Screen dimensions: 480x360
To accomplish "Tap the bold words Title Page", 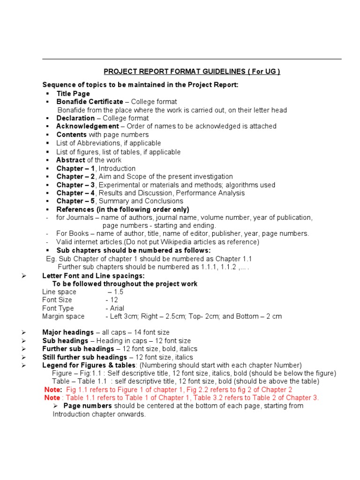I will tap(73, 93).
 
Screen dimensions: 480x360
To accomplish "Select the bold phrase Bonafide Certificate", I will tap(90, 101).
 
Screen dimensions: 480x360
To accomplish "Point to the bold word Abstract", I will tap(70, 160).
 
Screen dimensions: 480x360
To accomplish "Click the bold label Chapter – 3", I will tap(75, 185).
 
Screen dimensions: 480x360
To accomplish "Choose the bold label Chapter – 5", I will tap(75, 201).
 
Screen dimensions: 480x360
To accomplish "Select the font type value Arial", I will tap(116, 308).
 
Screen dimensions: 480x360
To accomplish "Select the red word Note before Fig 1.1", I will tap(52, 390).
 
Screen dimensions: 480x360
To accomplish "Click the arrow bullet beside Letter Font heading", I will tap(23, 276).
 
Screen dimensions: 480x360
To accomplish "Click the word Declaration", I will tap(75, 118).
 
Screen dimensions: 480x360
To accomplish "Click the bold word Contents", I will tap(71, 135).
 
